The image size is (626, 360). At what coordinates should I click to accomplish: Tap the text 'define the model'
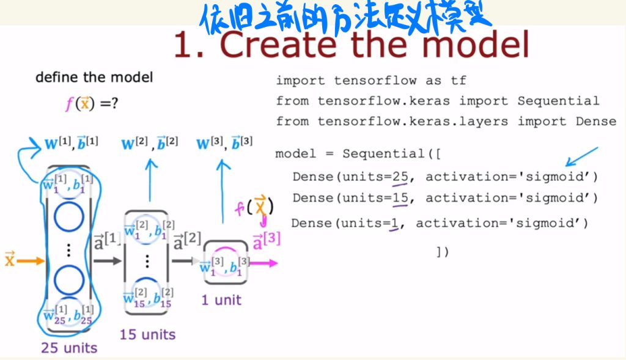tap(94, 78)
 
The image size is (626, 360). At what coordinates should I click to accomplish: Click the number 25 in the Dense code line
tap(400, 177)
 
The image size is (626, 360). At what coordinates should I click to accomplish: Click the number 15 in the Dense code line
tap(400, 198)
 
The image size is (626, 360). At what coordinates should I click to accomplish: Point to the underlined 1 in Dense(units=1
tap(394, 223)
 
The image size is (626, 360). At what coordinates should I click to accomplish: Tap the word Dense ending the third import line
tap(596, 121)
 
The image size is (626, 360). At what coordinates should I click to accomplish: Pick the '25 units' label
tap(69, 348)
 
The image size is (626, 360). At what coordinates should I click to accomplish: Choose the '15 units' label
tap(147, 334)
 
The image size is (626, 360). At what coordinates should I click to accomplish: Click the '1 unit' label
tap(221, 299)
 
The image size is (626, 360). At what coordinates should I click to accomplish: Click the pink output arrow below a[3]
tap(264, 263)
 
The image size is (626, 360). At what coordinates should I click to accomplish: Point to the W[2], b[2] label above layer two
tap(149, 144)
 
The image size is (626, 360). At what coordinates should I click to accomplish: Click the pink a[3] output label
tap(266, 239)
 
